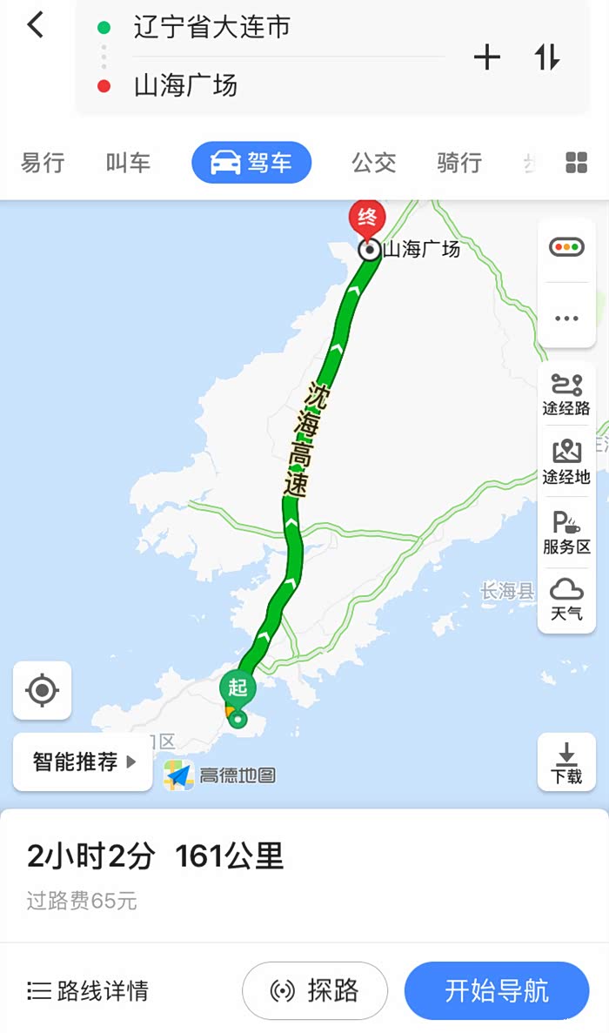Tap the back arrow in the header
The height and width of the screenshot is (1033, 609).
(x=35, y=25)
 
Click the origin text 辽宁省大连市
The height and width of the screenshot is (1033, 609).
(x=211, y=28)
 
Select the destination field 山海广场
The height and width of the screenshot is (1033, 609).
(x=185, y=85)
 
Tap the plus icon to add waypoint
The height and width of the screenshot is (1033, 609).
(x=487, y=57)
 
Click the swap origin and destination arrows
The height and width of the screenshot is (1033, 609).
(x=547, y=57)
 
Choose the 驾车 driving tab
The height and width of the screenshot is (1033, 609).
(x=251, y=163)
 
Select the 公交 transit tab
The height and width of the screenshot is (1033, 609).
(x=373, y=163)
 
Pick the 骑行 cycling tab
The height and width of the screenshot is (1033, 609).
(x=459, y=163)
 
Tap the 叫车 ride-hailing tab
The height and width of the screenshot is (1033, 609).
(x=128, y=163)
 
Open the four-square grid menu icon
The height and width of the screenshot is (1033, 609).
(x=576, y=163)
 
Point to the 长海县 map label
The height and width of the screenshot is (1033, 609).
(x=507, y=592)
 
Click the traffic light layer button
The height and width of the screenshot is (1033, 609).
(x=566, y=248)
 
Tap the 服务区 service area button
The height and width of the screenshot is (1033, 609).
(x=566, y=533)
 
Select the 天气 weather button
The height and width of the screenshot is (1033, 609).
(x=566, y=600)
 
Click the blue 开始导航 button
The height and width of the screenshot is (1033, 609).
(x=497, y=990)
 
